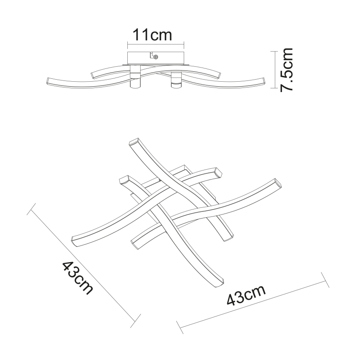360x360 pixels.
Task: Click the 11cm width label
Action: [x=152, y=35]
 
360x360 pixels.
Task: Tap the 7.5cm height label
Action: [x=287, y=70]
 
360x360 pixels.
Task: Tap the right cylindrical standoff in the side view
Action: [x=175, y=80]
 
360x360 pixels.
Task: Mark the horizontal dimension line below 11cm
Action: [x=155, y=44]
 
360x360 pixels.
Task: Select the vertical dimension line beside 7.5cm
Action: [x=273, y=70]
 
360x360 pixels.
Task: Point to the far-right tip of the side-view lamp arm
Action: [x=262, y=81]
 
